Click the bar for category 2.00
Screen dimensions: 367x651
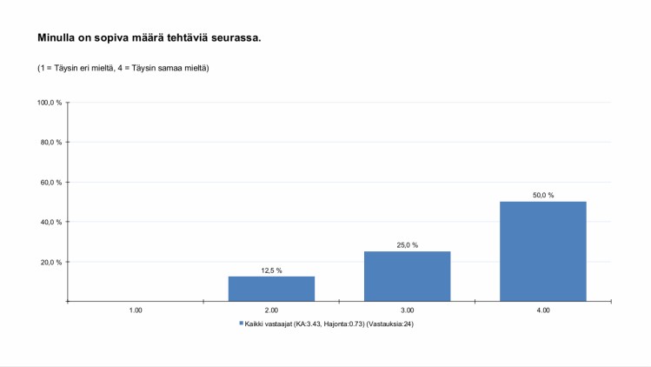(x=271, y=289)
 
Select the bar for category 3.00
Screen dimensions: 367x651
(x=407, y=277)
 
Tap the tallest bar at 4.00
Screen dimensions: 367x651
(x=543, y=251)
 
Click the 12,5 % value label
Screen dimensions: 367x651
(x=271, y=270)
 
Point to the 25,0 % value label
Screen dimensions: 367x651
(x=407, y=245)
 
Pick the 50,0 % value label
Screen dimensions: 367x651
(x=543, y=196)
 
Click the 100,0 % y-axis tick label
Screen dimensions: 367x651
(x=50, y=103)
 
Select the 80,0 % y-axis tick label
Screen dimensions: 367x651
(x=51, y=143)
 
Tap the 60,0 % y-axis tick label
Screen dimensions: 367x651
(x=51, y=183)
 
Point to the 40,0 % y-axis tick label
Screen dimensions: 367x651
(x=51, y=222)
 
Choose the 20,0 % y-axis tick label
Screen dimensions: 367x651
(x=51, y=262)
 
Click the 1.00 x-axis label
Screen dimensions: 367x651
(x=136, y=310)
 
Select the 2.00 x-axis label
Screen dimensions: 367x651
(x=271, y=310)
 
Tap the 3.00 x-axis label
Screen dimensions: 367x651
(x=407, y=310)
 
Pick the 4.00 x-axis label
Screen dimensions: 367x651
(x=543, y=310)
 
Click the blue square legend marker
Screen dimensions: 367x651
(x=242, y=324)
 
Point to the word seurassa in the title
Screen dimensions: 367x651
(x=234, y=38)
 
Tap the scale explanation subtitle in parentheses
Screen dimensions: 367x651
(x=123, y=68)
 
